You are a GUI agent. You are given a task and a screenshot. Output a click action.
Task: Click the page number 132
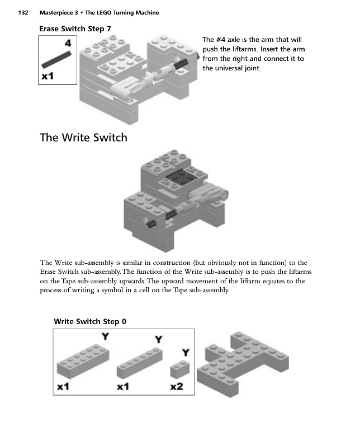pyautogui.click(x=23, y=12)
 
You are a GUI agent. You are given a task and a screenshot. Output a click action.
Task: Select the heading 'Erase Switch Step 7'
pyautogui.click(x=75, y=29)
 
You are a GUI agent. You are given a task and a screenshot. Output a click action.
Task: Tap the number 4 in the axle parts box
pyautogui.click(x=68, y=44)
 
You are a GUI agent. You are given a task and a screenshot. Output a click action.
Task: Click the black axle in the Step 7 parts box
pyautogui.click(x=56, y=60)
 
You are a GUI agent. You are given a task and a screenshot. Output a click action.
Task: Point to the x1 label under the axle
pyautogui.click(x=48, y=76)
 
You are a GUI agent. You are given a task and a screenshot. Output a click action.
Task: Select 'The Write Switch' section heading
pyautogui.click(x=83, y=137)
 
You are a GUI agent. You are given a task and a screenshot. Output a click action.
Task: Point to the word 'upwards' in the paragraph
pyautogui.click(x=132, y=281)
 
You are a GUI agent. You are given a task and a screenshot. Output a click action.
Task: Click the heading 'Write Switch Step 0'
pyautogui.click(x=90, y=322)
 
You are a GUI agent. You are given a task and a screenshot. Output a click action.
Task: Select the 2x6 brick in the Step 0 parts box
pyautogui.click(x=83, y=360)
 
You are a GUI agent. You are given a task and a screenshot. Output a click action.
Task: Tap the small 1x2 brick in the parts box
pyautogui.click(x=180, y=369)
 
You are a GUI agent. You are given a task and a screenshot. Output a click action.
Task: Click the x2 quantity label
pyautogui.click(x=177, y=387)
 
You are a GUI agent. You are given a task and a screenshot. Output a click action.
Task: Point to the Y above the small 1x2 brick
pyautogui.click(x=186, y=353)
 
